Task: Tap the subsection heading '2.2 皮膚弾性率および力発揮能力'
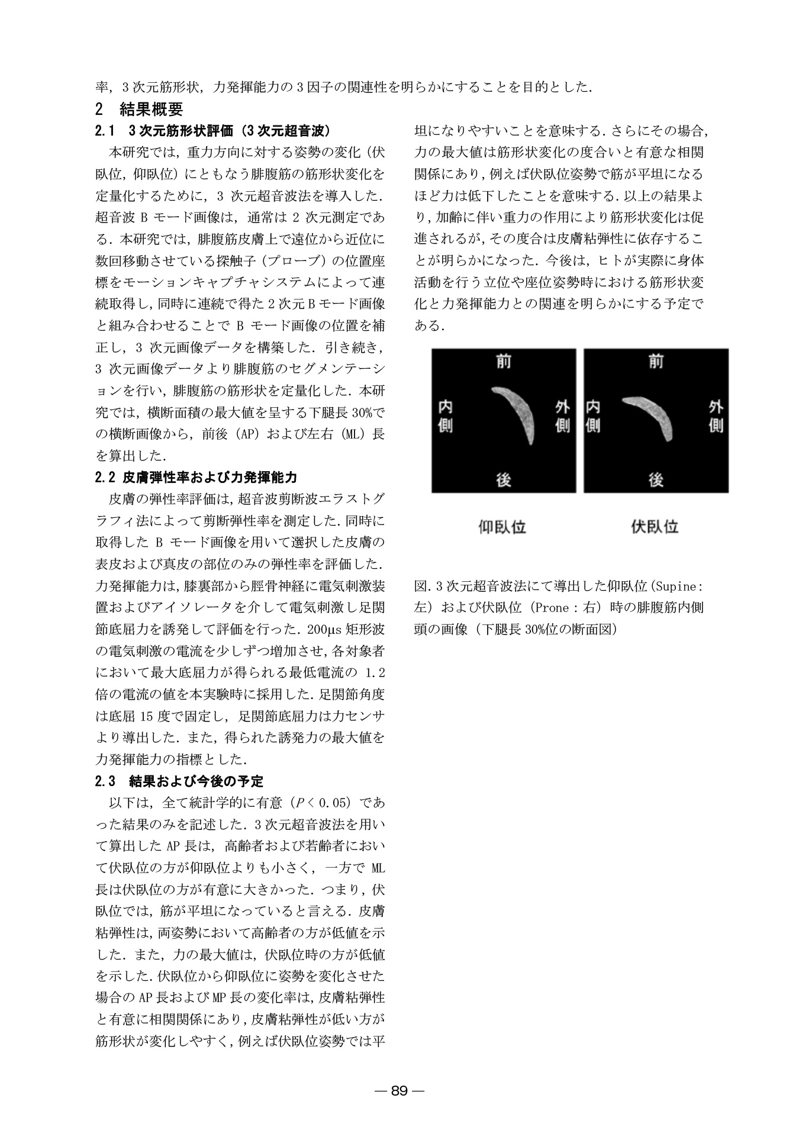click(196, 477)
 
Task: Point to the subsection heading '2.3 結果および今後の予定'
click(179, 781)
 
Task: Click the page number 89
click(399, 1091)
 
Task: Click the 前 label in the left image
click(504, 360)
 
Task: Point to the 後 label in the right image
click(656, 479)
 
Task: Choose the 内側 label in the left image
click(445, 416)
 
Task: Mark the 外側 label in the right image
click(716, 416)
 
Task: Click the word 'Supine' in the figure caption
click(676, 587)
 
